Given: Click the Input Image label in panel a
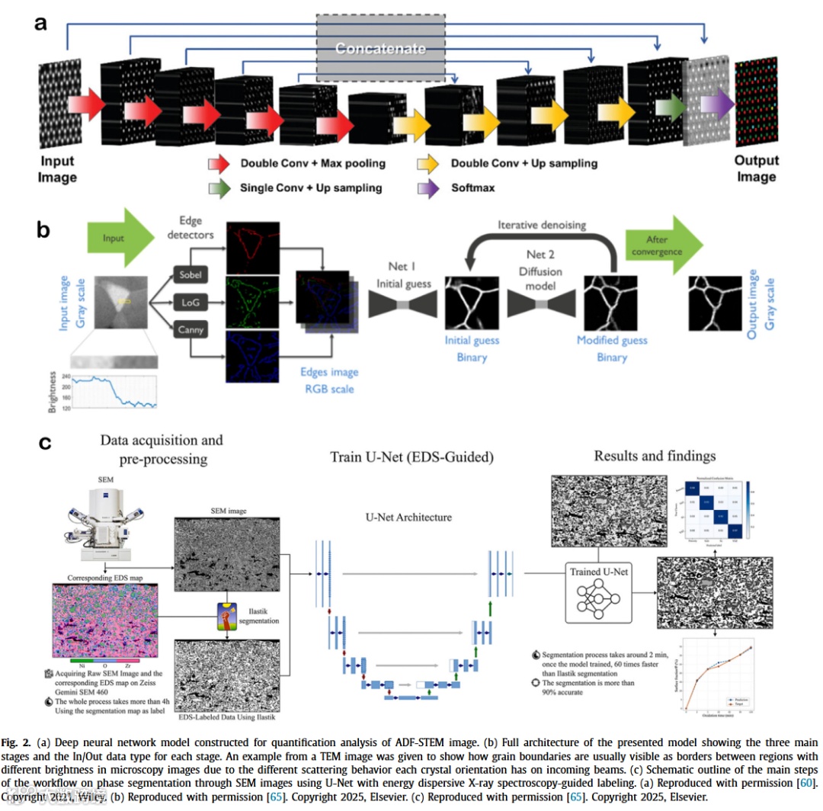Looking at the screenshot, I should pyautogui.click(x=57, y=169).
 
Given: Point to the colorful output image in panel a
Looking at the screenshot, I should pyautogui.click(x=756, y=104).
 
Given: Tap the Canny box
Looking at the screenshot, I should pyautogui.click(x=191, y=329).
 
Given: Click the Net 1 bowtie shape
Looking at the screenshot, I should pyautogui.click(x=402, y=303).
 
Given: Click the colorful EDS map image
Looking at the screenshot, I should pyautogui.click(x=104, y=619).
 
